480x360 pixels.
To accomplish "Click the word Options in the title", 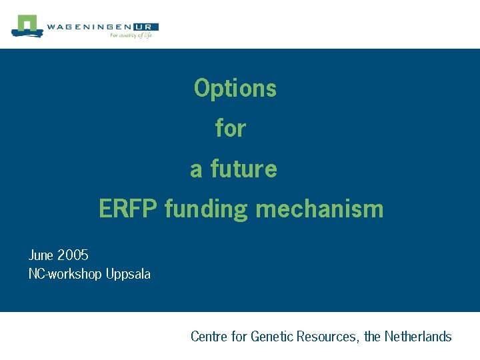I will (x=235, y=88).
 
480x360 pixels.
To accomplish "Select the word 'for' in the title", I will (x=231, y=128).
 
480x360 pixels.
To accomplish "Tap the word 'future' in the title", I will (x=243, y=169).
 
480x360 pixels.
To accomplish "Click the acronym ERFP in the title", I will (x=128, y=209).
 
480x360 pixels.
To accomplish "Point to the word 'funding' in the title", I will (x=206, y=209).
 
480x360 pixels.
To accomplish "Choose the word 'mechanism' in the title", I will (x=319, y=209).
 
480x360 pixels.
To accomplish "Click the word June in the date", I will (x=41, y=255).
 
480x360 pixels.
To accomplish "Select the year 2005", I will (x=73, y=255).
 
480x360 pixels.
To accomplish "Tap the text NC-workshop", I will (x=65, y=274).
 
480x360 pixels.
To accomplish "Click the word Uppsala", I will (x=128, y=274).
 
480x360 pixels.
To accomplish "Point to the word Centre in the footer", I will (x=209, y=336).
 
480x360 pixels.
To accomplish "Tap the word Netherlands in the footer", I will (x=418, y=336).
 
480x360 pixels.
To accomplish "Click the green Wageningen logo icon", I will (x=27, y=25).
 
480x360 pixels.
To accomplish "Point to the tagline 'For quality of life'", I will (x=131, y=35).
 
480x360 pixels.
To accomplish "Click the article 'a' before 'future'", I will (x=196, y=169).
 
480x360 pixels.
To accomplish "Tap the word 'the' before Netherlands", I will (x=373, y=336).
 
